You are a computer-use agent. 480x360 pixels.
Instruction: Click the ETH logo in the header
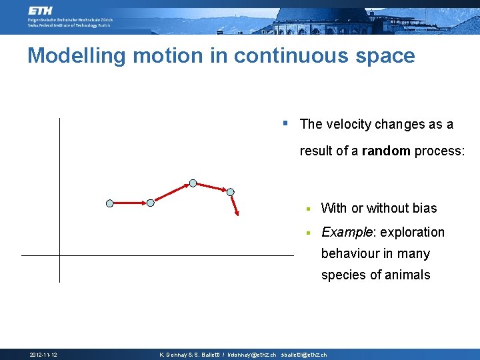pos(42,11)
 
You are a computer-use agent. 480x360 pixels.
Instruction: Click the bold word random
pos(386,151)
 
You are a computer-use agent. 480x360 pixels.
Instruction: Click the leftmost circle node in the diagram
pos(110,203)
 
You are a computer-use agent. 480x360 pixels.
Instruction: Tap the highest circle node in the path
pos(193,182)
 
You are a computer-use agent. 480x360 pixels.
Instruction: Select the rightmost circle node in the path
pos(231,192)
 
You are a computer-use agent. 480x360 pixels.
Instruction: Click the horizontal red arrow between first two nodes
pos(130,203)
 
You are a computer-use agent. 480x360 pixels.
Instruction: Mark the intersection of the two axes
pos(59,255)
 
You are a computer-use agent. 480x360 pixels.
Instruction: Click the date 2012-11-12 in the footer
pos(43,355)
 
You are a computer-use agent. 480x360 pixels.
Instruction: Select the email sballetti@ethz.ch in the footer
pos(304,355)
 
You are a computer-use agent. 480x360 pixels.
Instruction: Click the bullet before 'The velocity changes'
pos(285,123)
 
